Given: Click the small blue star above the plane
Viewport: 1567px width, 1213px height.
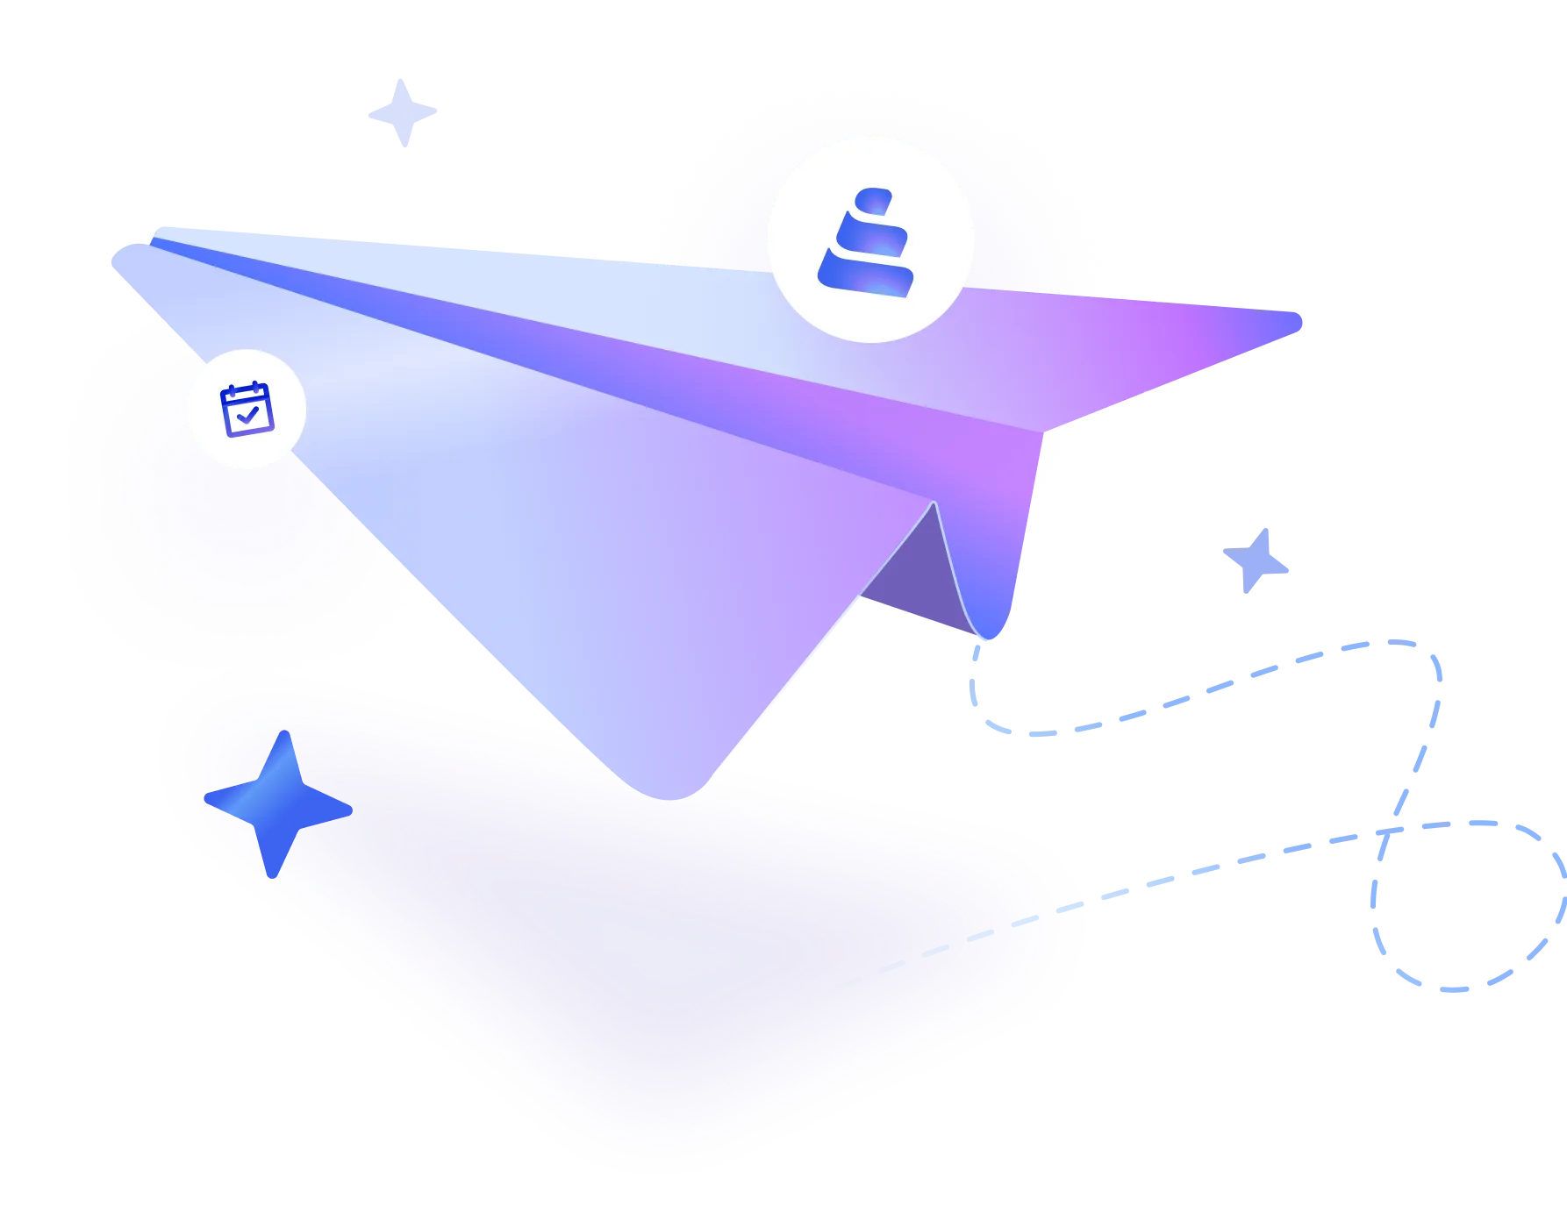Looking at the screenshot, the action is click(x=404, y=114).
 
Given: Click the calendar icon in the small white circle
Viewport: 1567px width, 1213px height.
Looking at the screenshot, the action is click(x=247, y=409).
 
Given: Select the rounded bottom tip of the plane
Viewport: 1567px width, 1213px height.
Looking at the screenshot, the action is click(x=671, y=789).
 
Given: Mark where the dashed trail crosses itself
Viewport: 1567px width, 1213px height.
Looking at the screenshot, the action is click(x=1386, y=831).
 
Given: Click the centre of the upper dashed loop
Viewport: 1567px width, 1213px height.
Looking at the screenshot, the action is click(x=1211, y=689).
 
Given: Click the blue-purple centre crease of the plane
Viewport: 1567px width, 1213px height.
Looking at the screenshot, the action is click(x=614, y=351).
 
